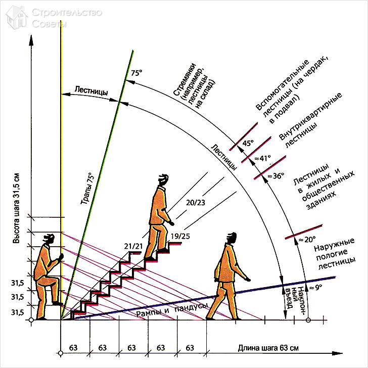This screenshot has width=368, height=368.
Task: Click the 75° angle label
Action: pos(135,73)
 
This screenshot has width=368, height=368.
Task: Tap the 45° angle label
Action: pos(248,143)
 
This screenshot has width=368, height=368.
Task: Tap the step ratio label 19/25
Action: pos(180,236)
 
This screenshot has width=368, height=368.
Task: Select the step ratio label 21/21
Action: pos(132,246)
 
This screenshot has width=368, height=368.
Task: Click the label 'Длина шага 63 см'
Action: pos(268,348)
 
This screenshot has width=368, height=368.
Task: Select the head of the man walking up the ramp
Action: pos(232,238)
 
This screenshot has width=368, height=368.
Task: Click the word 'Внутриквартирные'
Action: pos(310,116)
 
